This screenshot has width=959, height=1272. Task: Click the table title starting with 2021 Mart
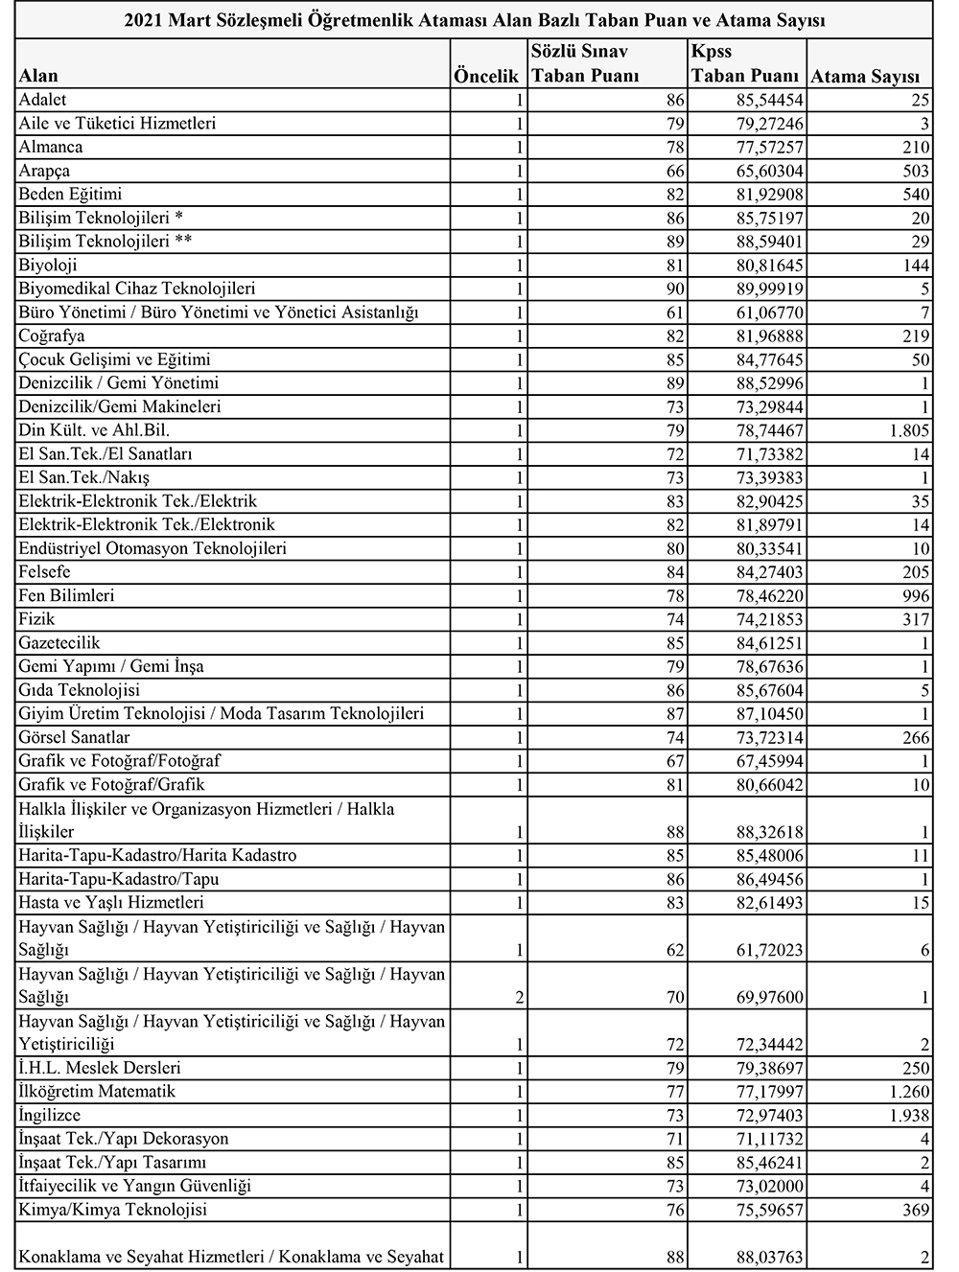tap(475, 19)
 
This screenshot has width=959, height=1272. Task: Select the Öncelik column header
tap(486, 77)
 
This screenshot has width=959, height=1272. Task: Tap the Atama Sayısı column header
tap(865, 77)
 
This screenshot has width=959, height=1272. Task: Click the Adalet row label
tap(42, 100)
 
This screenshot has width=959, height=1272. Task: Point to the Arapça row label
tap(44, 171)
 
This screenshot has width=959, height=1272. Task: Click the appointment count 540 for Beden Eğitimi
tap(915, 195)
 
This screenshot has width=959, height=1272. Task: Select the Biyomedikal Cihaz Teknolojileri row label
tap(137, 289)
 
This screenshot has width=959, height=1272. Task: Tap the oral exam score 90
tap(675, 289)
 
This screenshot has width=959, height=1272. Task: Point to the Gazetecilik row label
tap(59, 642)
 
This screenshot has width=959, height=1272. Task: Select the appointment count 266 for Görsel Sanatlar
tap(915, 737)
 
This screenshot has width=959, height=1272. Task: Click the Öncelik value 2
tap(519, 998)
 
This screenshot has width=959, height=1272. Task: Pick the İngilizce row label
tap(50, 1115)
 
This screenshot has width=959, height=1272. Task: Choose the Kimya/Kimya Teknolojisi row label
tap(113, 1210)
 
